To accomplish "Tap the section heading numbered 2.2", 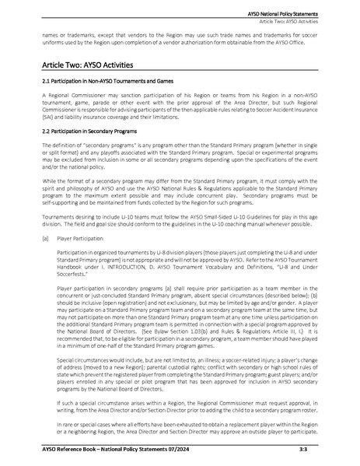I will click(88, 130).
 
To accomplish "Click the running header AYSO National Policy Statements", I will click(296, 5).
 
